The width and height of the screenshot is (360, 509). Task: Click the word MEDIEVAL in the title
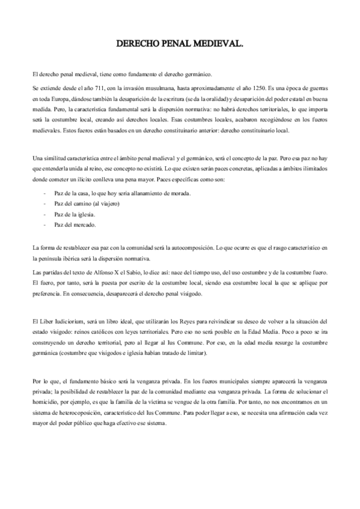218,44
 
